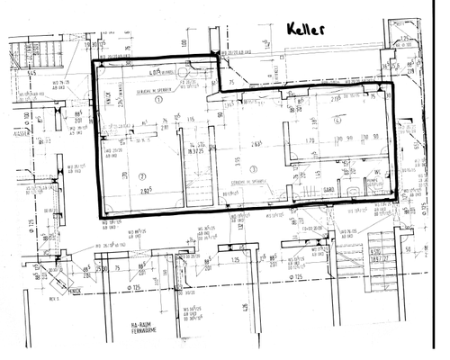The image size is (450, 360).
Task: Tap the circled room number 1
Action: pyautogui.click(x=158, y=101)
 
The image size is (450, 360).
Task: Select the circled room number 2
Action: pyautogui.click(x=142, y=175)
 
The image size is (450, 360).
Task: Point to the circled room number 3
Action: pyautogui.click(x=255, y=169)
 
